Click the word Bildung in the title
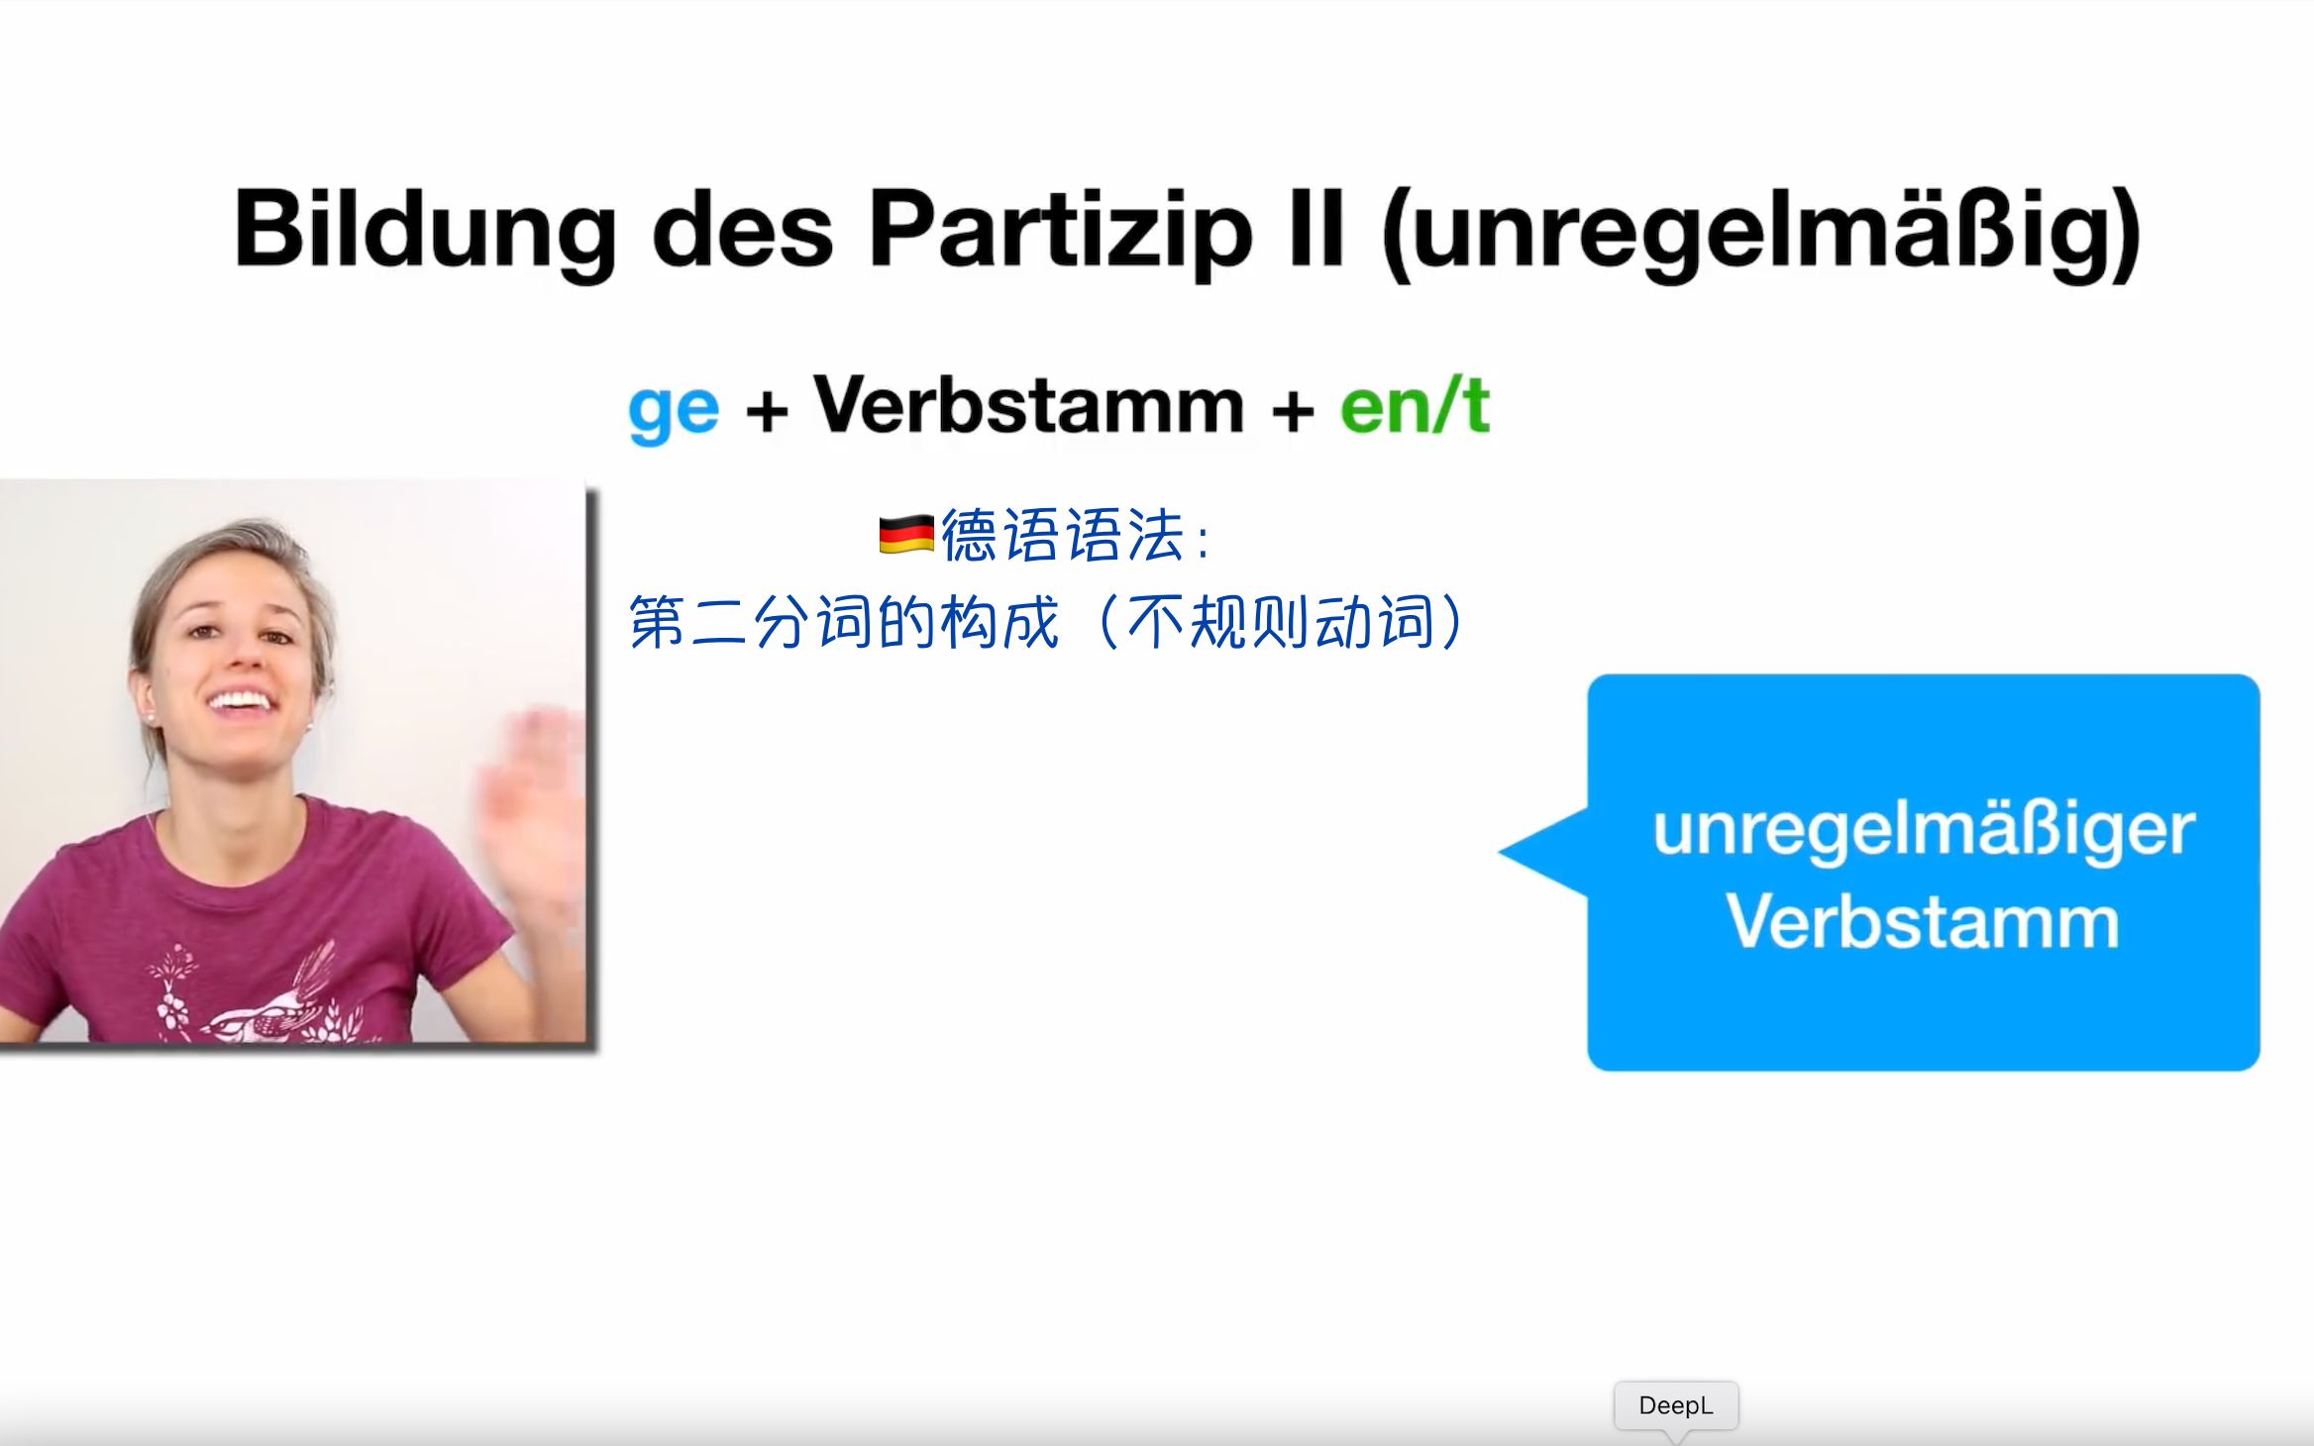424,230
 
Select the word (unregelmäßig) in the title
1761,232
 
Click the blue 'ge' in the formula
674,408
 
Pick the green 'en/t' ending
1415,406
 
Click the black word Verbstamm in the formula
1028,406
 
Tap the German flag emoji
905,535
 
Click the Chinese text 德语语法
1062,536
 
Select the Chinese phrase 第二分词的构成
844,622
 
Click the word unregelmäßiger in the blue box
1923,829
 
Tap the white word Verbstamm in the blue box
1923,922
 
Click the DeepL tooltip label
1675,1404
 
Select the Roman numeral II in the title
1313,230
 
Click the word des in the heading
741,230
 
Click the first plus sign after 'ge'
766,410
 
